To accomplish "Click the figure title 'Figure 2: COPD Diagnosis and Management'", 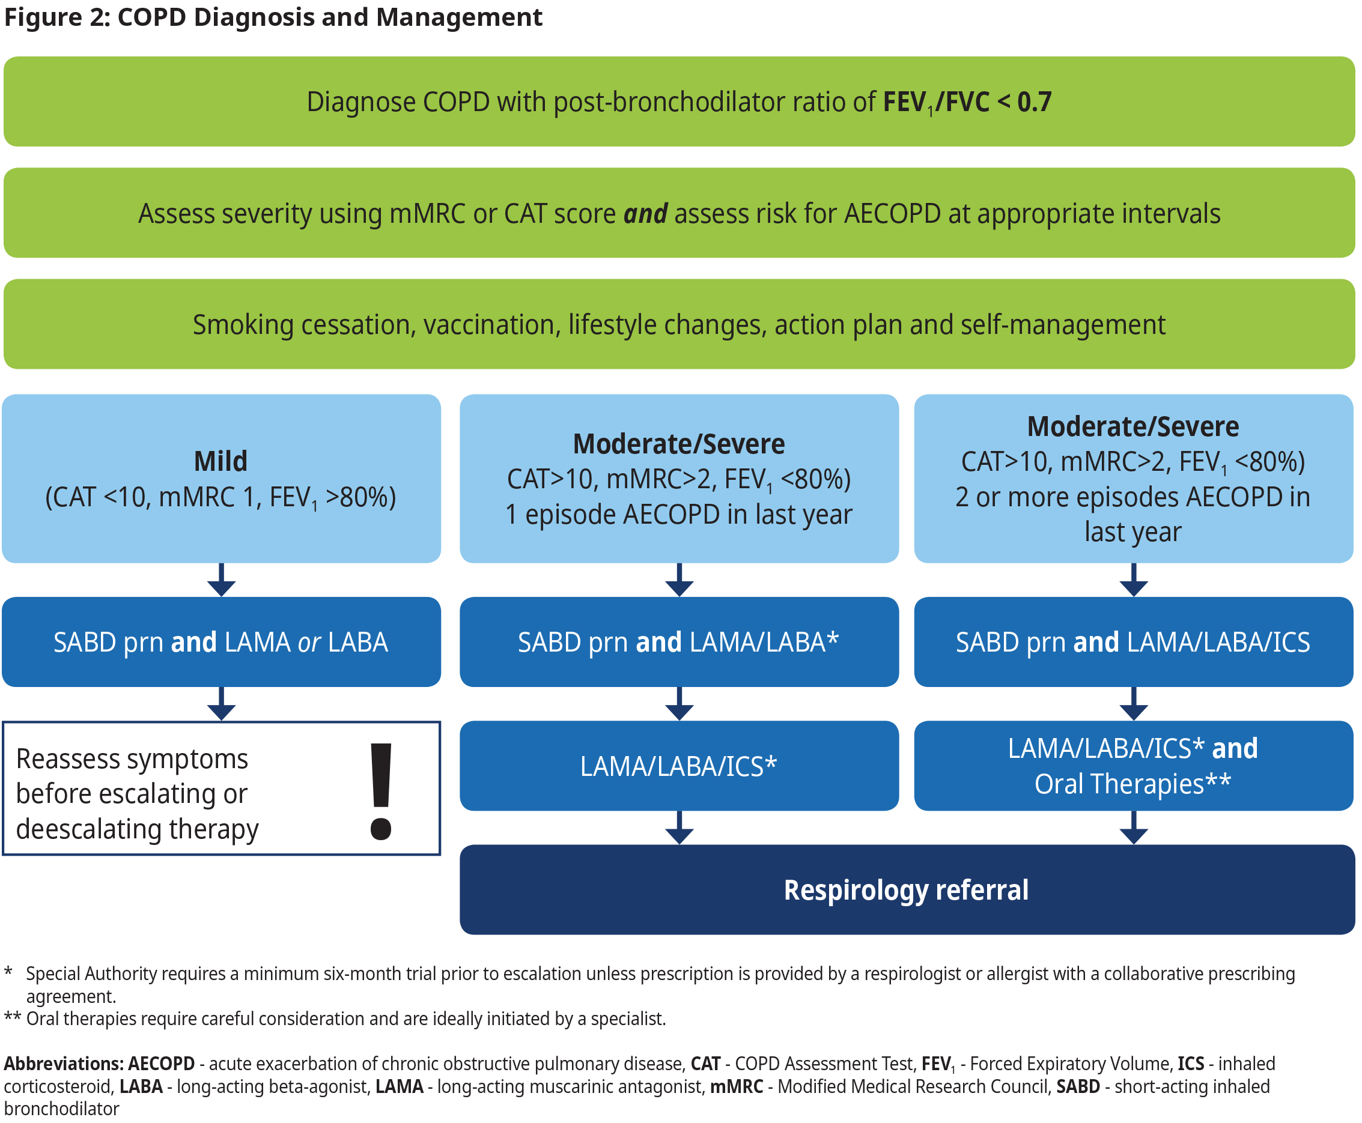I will click(272, 17).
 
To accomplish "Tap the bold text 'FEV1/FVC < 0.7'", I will click(967, 102).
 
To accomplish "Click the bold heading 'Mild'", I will click(220, 461).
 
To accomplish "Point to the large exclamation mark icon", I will click(381, 791).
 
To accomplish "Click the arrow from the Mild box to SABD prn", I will click(221, 580).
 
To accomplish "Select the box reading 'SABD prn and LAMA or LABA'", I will click(221, 642).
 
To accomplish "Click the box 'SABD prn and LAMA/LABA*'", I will click(679, 642).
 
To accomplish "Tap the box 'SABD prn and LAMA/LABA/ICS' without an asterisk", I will click(1133, 642).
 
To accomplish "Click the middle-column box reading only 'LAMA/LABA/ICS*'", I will click(679, 766).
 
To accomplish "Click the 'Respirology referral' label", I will click(906, 890).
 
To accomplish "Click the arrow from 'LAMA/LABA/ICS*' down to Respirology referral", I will click(679, 828).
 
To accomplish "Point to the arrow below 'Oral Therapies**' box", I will click(1134, 828).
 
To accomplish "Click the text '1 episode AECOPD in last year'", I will click(679, 515).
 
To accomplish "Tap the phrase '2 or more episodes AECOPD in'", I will click(1132, 497).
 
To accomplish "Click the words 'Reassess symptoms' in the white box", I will click(132, 759).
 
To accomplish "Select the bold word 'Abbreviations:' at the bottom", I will click(64, 1064).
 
